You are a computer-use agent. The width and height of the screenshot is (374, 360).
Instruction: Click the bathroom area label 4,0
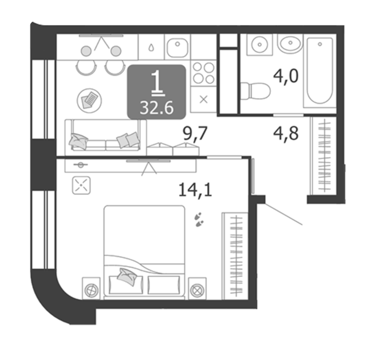[286, 76]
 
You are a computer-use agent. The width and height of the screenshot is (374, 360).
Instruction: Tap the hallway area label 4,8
[286, 134]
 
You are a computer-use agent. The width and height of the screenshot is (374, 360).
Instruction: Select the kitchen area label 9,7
[195, 134]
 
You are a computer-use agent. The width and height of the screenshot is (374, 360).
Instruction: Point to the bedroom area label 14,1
[195, 190]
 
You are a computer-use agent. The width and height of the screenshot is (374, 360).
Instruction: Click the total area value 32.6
[156, 108]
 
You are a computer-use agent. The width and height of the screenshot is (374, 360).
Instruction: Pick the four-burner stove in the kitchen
[203, 73]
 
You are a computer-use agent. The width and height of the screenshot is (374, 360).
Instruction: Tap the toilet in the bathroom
[255, 91]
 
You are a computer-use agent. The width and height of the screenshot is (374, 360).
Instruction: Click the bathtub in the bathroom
[319, 71]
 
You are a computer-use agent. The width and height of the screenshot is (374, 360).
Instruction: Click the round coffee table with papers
[89, 101]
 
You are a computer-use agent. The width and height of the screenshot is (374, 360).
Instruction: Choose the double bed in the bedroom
[145, 252]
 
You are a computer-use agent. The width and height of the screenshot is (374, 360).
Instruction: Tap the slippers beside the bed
[199, 220]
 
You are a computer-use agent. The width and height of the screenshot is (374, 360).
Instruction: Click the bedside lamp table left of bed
[92, 289]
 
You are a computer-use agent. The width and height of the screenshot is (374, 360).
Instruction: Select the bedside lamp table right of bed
[197, 289]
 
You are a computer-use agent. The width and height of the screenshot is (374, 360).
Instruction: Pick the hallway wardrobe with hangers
[324, 155]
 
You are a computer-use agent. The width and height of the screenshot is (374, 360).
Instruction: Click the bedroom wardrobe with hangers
[236, 256]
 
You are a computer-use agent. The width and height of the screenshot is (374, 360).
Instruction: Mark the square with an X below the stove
[203, 99]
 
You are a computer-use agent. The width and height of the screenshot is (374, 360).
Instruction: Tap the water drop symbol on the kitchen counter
[151, 48]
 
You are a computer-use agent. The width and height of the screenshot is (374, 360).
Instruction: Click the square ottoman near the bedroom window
[81, 185]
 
